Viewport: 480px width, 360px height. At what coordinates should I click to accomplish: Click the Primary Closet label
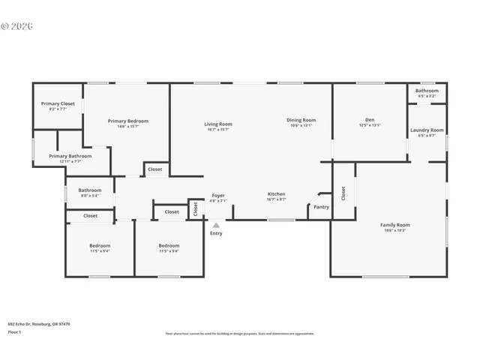pyautogui.click(x=58, y=103)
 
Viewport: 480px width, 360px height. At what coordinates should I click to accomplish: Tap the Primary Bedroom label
pyautogui.click(x=127, y=121)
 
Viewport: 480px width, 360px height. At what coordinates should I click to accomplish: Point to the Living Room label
pyautogui.click(x=218, y=124)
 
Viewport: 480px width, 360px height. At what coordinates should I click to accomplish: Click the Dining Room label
pyautogui.click(x=301, y=120)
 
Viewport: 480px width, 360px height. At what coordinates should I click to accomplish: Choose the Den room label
pyautogui.click(x=370, y=119)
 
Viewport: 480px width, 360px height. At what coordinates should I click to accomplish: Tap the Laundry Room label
pyautogui.click(x=427, y=130)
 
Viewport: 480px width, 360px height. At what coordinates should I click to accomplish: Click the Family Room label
pyautogui.click(x=395, y=225)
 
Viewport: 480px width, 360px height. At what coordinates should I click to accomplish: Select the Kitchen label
pyautogui.click(x=277, y=194)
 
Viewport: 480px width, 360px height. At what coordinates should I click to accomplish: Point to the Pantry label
pyautogui.click(x=321, y=207)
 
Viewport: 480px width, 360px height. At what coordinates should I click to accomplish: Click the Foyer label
pyautogui.click(x=217, y=196)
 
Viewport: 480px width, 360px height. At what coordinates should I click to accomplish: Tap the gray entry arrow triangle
pyautogui.click(x=216, y=224)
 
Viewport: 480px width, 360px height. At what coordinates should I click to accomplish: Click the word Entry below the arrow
pyautogui.click(x=216, y=233)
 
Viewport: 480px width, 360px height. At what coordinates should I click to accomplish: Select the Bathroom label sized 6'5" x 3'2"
pyautogui.click(x=427, y=90)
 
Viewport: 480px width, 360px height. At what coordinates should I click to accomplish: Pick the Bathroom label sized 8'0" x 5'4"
pyautogui.click(x=90, y=190)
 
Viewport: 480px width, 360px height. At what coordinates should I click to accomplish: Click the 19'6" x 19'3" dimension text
pyautogui.click(x=395, y=231)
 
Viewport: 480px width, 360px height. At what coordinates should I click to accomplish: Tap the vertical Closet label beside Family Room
pyautogui.click(x=343, y=193)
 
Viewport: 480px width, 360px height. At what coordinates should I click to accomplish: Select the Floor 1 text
pyautogui.click(x=14, y=331)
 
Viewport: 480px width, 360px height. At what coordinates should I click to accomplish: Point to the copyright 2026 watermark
pyautogui.click(x=17, y=26)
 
